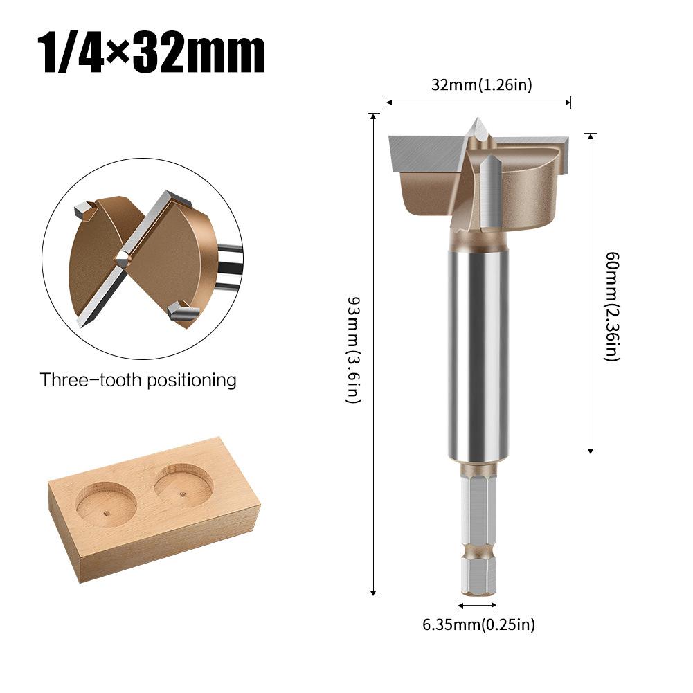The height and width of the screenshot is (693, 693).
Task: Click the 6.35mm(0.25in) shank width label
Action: (x=479, y=625)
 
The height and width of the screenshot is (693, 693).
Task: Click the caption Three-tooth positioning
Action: (x=138, y=380)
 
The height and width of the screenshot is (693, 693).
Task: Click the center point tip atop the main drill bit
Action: (x=478, y=125)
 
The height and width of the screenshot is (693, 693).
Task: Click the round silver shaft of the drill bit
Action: (x=478, y=353)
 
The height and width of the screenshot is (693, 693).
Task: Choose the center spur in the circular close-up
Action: (x=123, y=260)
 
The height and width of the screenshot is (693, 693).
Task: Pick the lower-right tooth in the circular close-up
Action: (x=178, y=312)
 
